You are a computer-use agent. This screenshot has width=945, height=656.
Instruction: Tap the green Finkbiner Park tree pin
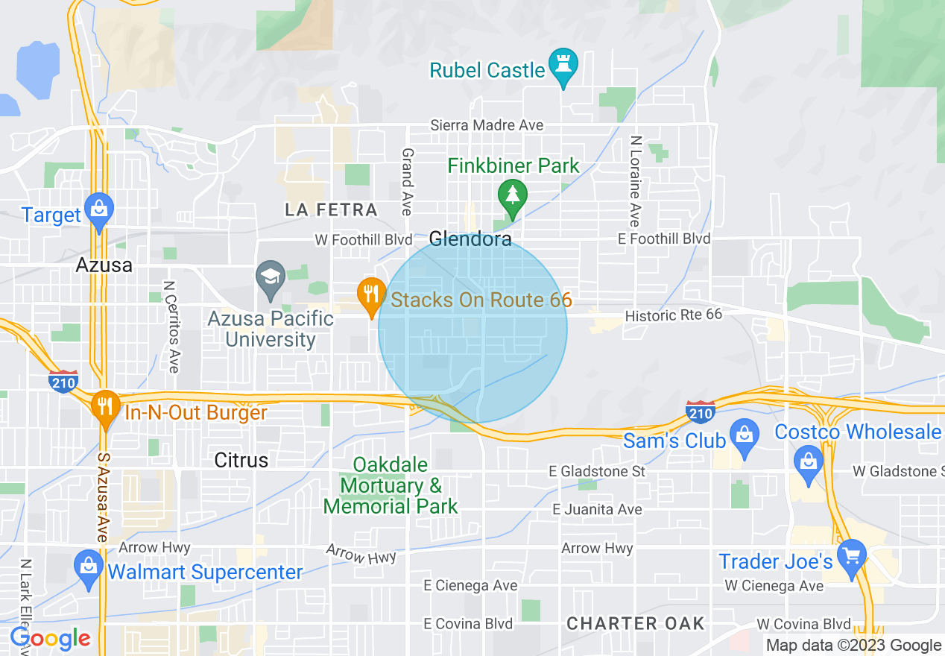[x=513, y=195]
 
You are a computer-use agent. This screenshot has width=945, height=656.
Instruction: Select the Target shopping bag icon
[x=98, y=209]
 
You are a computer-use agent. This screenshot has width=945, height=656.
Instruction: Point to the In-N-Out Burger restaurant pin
[x=106, y=406]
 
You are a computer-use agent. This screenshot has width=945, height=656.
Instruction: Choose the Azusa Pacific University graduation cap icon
[x=270, y=277]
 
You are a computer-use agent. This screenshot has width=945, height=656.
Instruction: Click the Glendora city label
[x=470, y=239]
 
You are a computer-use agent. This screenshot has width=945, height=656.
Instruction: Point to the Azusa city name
[x=104, y=265]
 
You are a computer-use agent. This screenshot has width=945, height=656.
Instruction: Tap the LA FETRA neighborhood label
[x=331, y=210]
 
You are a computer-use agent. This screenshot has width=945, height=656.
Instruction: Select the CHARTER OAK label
[x=636, y=623]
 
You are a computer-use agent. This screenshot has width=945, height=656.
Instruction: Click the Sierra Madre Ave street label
[x=487, y=125]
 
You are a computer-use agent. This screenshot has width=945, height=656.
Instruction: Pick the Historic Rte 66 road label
[x=674, y=315]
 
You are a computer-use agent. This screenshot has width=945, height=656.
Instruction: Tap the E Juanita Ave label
[x=598, y=510]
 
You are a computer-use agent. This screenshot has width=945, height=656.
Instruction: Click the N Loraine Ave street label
[x=635, y=181]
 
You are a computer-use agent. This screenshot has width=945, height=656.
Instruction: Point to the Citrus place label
[x=241, y=460]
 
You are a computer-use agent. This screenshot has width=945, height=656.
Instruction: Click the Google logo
[x=51, y=639]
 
